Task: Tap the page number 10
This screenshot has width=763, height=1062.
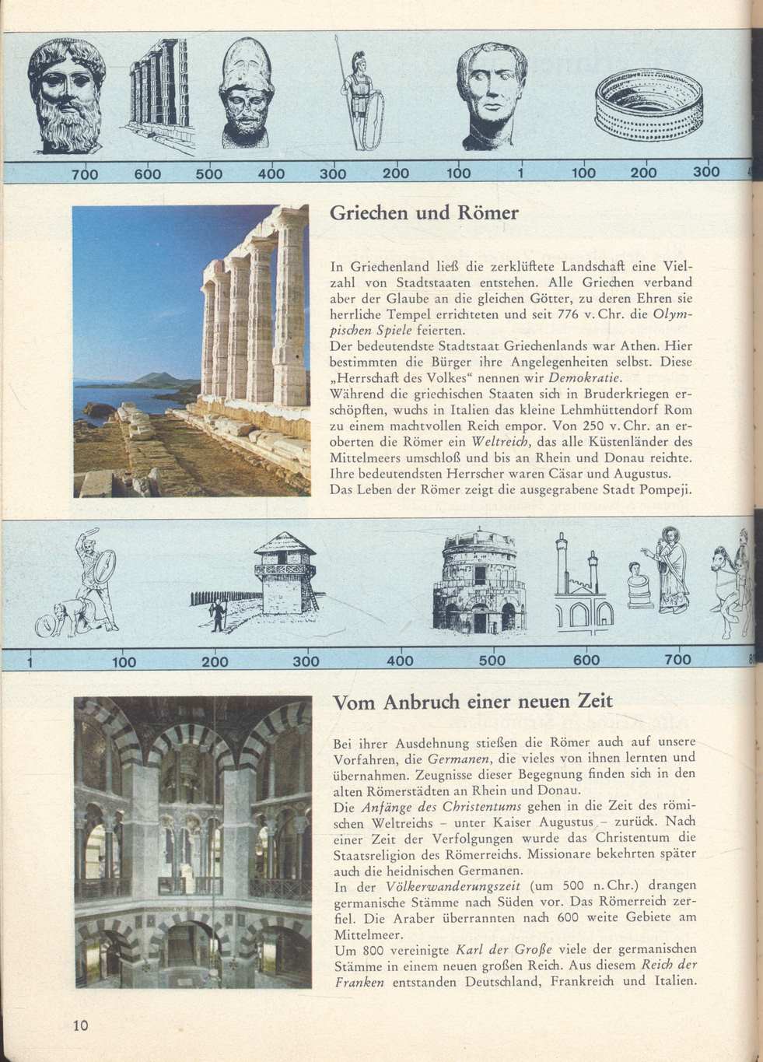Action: click(81, 1025)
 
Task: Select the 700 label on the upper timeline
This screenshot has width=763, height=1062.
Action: click(84, 174)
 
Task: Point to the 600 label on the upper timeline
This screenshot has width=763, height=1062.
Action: click(148, 174)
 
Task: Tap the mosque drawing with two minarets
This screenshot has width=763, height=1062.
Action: click(581, 581)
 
